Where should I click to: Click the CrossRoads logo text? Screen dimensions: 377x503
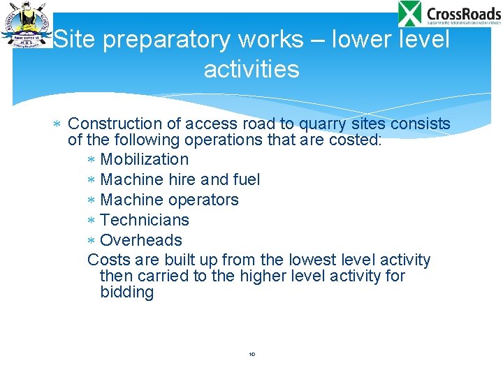463,13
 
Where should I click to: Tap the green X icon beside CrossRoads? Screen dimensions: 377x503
410,14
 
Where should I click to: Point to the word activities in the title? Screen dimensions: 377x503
251,69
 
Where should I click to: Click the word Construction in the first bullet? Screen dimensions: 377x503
115,124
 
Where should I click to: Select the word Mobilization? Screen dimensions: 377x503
145,159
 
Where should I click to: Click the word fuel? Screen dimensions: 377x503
247,179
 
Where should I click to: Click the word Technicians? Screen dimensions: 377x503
145,220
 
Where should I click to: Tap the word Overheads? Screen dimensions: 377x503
141,240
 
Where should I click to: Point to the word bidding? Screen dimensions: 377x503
127,292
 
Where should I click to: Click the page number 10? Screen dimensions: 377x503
252,355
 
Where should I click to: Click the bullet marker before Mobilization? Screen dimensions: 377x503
91,160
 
